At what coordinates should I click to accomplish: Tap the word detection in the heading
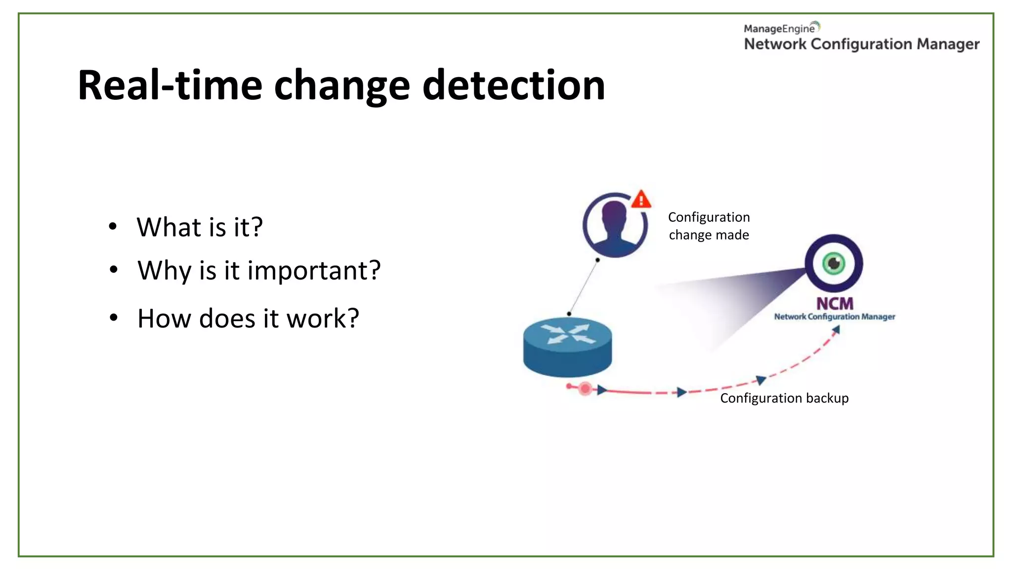tap(514, 85)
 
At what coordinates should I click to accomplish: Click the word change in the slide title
tap(342, 86)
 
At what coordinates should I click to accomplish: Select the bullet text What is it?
tap(200, 227)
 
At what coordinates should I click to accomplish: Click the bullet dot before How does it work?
tap(114, 318)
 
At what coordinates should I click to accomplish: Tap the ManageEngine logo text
tap(779, 29)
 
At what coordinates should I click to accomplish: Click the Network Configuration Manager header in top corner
tap(861, 44)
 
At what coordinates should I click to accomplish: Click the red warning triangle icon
tap(641, 200)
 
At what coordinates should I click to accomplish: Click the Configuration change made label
tap(709, 226)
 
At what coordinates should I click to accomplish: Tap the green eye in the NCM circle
tap(834, 263)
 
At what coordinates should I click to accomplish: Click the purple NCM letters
tap(834, 303)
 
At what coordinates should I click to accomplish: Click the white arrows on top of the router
tap(568, 334)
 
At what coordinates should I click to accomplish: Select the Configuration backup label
tap(784, 398)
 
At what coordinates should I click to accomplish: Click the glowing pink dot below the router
tap(585, 389)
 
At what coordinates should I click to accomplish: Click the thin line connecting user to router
tap(584, 286)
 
